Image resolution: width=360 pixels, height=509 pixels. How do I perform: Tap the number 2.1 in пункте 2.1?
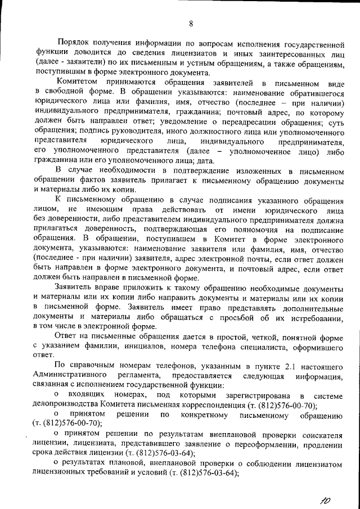tap(288, 365)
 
